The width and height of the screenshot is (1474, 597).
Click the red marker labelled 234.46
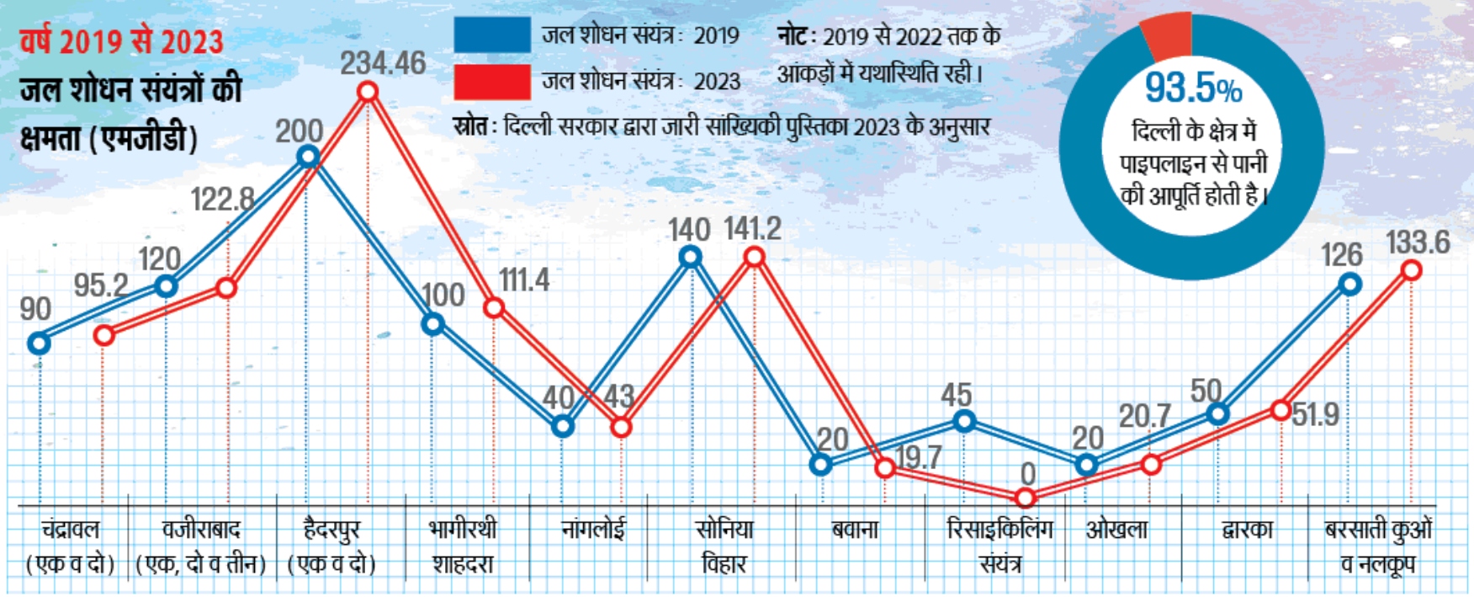368,91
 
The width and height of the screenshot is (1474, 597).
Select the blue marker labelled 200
308,156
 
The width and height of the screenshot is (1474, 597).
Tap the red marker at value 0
1025,498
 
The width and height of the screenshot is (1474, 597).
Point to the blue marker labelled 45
964,420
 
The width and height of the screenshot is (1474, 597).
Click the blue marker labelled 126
1349,285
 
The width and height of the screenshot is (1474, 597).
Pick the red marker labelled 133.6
1412,270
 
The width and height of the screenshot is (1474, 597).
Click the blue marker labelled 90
39,343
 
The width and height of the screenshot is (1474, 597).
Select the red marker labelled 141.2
755,257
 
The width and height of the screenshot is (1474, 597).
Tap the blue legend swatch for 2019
491,35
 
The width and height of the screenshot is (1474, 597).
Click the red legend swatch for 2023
491,82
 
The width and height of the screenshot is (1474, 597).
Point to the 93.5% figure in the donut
1193,88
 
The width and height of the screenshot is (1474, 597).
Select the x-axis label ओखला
1116,530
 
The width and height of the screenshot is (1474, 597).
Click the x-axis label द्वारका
1247,530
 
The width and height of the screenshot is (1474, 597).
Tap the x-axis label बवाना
854,530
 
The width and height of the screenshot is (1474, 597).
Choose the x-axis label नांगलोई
593,530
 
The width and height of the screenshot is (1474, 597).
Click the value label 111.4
524,280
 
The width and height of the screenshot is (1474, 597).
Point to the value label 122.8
222,200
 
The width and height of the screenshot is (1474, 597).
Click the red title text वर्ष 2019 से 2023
122,41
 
